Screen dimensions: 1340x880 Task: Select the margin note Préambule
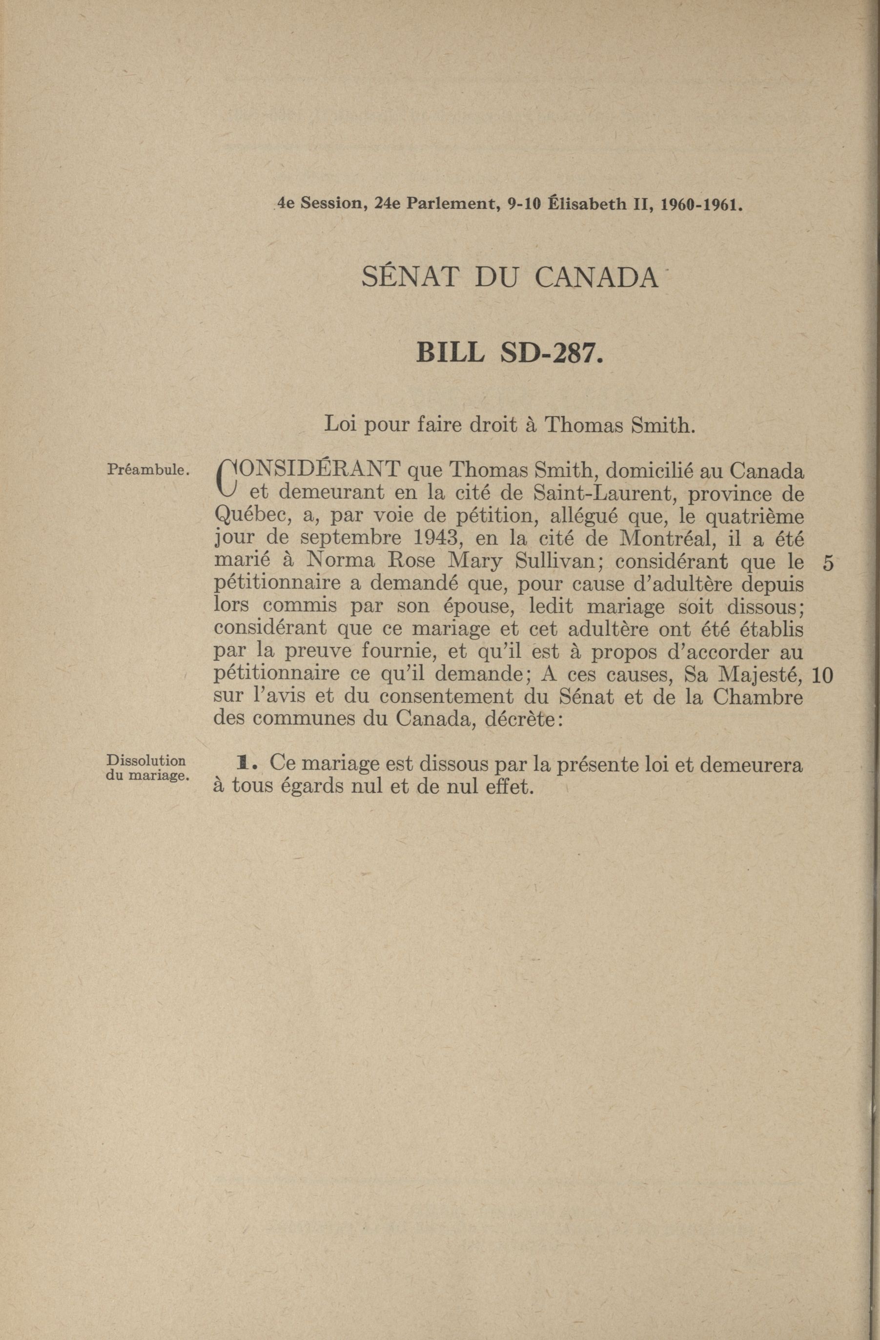(x=147, y=469)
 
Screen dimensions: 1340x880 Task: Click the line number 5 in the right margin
(x=828, y=564)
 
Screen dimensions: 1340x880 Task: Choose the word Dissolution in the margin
(x=146, y=761)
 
